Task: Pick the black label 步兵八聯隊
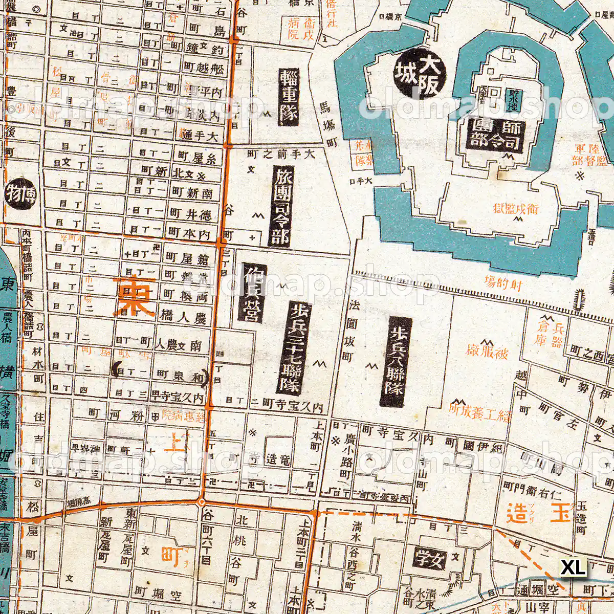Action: pos(397,361)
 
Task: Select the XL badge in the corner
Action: pos(573,567)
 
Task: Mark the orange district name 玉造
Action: pos(538,512)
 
